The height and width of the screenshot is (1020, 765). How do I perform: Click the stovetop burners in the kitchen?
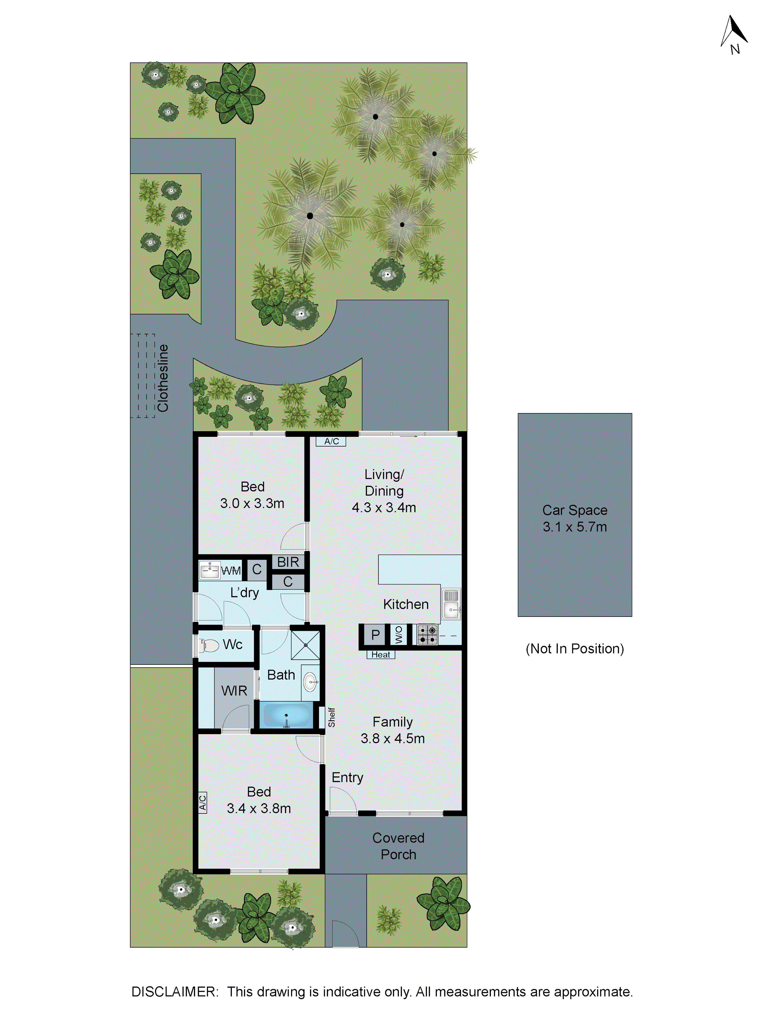pos(427,634)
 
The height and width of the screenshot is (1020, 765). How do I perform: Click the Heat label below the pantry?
pos(380,655)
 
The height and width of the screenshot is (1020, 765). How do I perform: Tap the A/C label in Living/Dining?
pos(331,441)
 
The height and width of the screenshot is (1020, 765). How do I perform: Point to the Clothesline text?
pos(163,378)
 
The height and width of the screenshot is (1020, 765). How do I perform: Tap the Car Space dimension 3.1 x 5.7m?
pos(575,527)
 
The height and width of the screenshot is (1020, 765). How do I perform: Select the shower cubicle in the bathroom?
pos(305,645)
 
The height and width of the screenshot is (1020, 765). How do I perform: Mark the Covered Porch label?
pos(398,846)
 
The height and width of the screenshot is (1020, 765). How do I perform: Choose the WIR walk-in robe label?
pos(234,691)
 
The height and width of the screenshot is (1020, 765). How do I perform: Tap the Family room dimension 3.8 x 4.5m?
pos(392,738)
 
